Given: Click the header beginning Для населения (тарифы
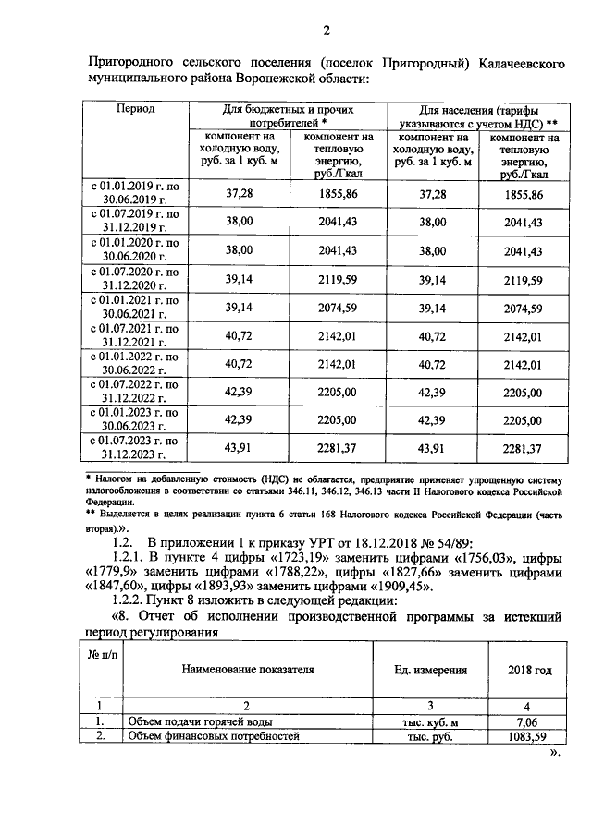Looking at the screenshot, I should [x=476, y=115].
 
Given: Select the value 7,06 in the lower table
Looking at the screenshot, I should [x=524, y=721].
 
